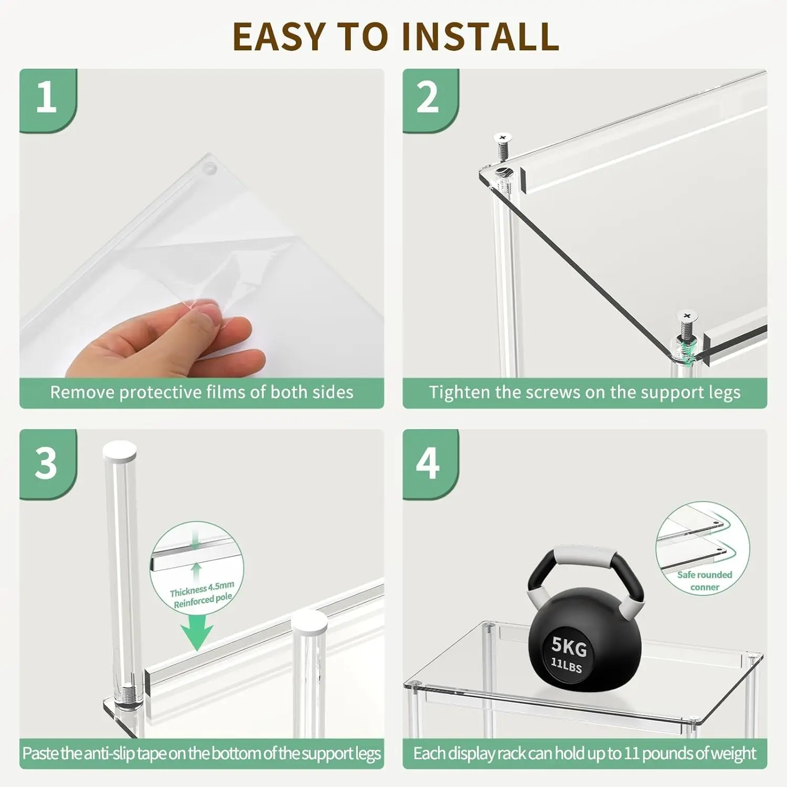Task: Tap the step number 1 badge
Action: tap(48, 100)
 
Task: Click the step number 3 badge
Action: tap(48, 464)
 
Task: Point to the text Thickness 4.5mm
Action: tap(202, 589)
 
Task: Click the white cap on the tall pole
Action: tap(120, 451)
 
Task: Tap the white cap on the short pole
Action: tap(310, 621)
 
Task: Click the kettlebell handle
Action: tap(586, 575)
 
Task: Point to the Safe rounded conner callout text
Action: tap(705, 581)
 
